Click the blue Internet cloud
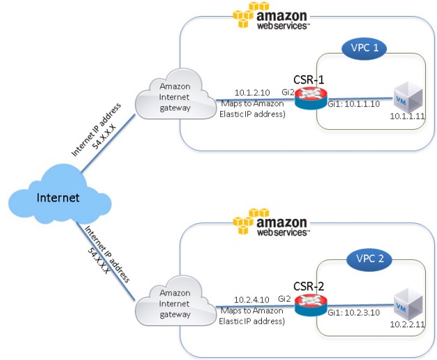(x=60, y=195)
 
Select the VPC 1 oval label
(x=364, y=48)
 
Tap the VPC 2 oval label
(x=370, y=259)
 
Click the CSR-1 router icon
(x=311, y=98)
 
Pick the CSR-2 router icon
(x=311, y=305)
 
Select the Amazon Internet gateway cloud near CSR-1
(x=176, y=95)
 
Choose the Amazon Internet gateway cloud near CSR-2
(x=176, y=301)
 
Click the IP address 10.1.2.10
(x=252, y=92)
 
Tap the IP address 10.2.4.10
(x=252, y=300)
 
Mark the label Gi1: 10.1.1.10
(x=354, y=104)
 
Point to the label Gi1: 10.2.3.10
(x=354, y=312)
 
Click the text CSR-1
(x=308, y=80)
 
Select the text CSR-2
(x=308, y=286)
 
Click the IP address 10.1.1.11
(x=407, y=116)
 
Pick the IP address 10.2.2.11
(x=407, y=324)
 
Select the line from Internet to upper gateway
(x=108, y=142)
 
